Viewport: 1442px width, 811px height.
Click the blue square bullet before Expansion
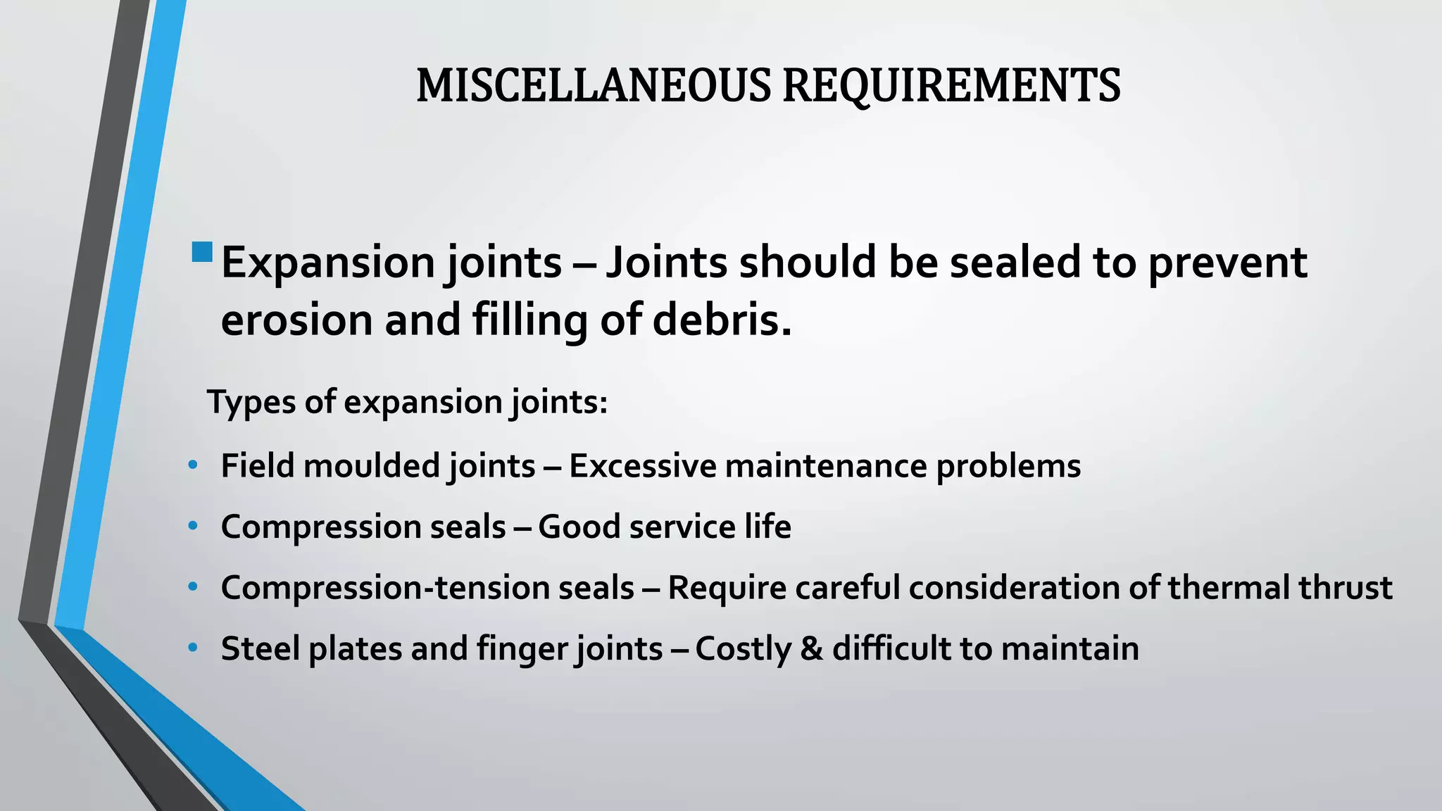pyautogui.click(x=202, y=252)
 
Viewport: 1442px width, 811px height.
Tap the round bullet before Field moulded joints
pyautogui.click(x=193, y=466)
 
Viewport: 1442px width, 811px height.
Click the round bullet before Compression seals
pyautogui.click(x=193, y=527)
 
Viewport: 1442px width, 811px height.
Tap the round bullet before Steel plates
pyautogui.click(x=193, y=648)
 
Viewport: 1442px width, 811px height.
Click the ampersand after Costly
pyautogui.click(x=811, y=649)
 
